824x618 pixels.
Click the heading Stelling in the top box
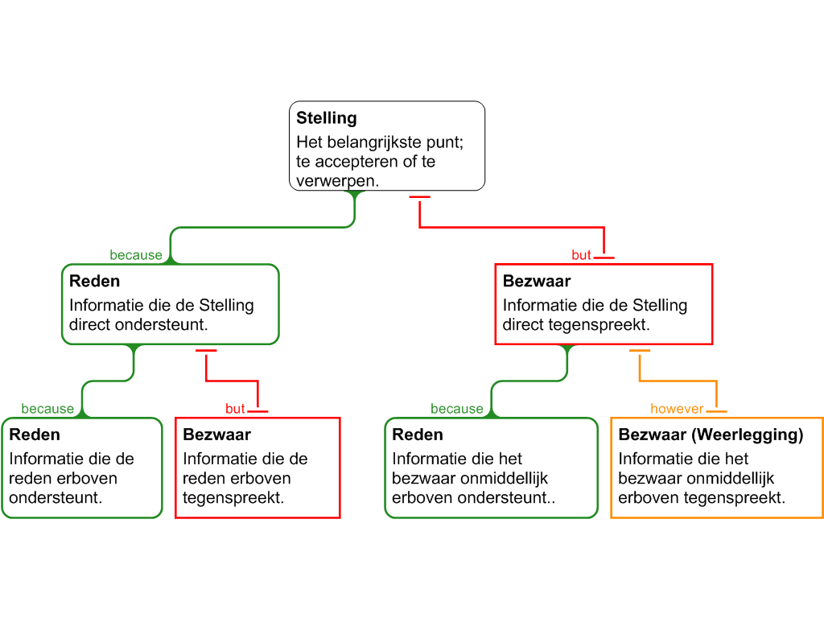click(326, 118)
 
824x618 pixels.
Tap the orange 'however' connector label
click(677, 409)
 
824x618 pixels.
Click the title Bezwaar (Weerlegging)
click(711, 435)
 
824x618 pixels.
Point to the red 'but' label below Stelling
click(582, 255)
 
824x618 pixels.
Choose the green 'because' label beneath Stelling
click(136, 255)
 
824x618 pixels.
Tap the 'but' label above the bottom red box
click(235, 409)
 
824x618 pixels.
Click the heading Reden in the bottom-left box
click(35, 435)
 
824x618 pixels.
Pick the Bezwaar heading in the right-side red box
click(537, 282)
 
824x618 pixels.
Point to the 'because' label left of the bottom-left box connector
click(47, 409)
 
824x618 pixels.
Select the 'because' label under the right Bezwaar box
click(457, 409)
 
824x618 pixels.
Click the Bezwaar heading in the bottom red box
click(216, 435)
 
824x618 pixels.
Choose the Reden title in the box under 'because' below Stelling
click(94, 282)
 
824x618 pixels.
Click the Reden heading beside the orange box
click(418, 435)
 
